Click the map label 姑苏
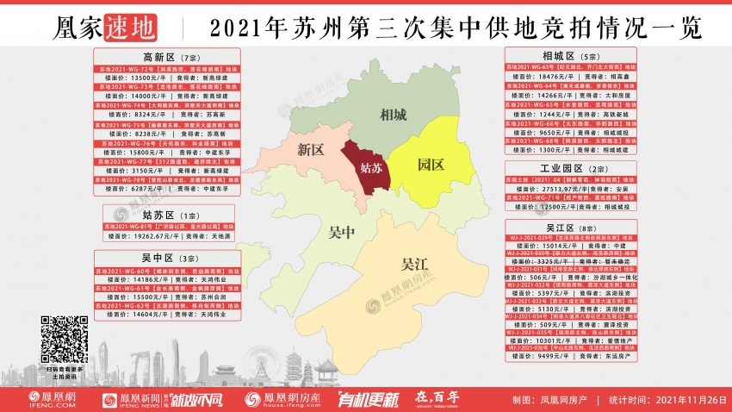click(366, 166)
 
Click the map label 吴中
click(343, 233)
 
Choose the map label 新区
click(310, 150)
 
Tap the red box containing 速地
click(131, 29)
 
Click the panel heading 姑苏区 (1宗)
click(159, 214)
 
